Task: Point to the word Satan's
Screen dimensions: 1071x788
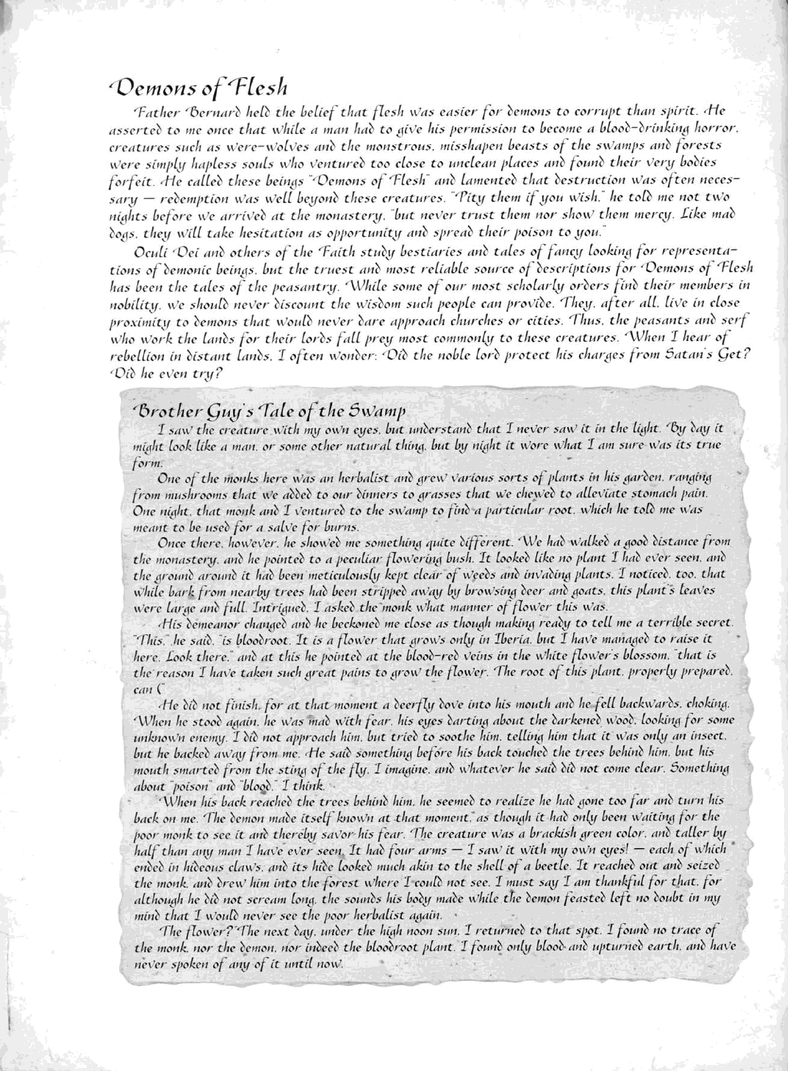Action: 685,354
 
